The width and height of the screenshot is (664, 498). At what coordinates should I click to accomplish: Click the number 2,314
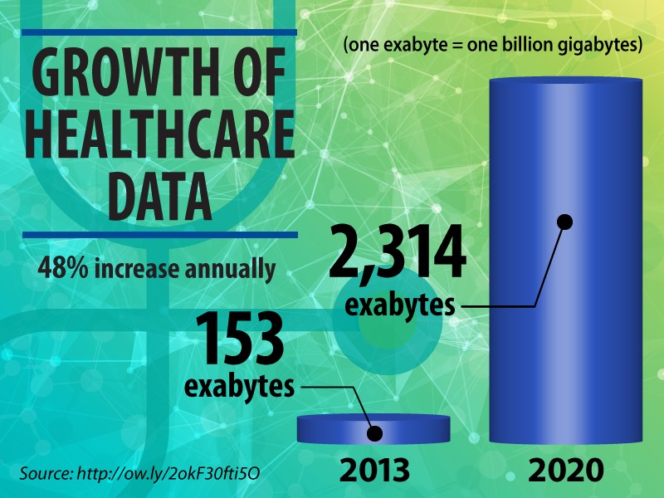coord(398,256)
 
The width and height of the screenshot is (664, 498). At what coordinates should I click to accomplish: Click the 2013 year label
coord(374,470)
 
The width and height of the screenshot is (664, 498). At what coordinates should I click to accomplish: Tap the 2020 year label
coord(567,470)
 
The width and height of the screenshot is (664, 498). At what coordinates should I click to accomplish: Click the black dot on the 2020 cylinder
coord(565,222)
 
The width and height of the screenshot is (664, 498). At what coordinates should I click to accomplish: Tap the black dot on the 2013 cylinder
coord(374,432)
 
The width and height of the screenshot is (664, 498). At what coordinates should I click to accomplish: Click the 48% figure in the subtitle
coord(61,269)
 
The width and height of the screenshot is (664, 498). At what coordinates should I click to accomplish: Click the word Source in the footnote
coord(45,473)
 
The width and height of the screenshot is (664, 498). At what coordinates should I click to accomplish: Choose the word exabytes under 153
coord(239,387)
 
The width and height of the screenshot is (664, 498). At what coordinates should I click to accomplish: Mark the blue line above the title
coord(158,33)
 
